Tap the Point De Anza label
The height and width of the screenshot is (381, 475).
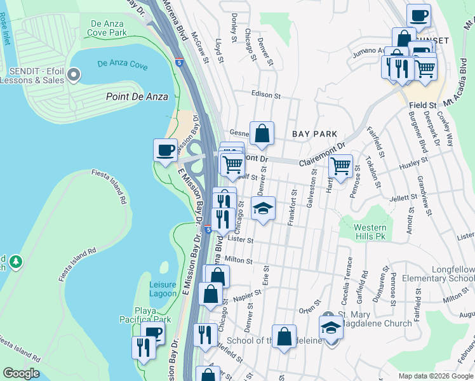coord(137,97)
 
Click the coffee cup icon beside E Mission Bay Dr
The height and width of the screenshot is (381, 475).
coord(165,150)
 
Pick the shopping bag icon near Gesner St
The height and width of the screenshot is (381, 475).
coord(262,133)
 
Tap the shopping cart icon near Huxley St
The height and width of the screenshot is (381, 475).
coord(341,166)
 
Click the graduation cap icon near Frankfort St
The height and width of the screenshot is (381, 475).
coord(262,208)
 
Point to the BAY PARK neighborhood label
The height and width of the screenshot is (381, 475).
coord(314,134)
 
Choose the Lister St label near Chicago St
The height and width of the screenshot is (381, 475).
coord(240,241)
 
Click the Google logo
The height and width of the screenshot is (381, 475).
coord(22,373)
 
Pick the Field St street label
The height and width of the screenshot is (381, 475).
coord(423,105)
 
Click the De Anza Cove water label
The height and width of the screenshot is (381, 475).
coord(123,64)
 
